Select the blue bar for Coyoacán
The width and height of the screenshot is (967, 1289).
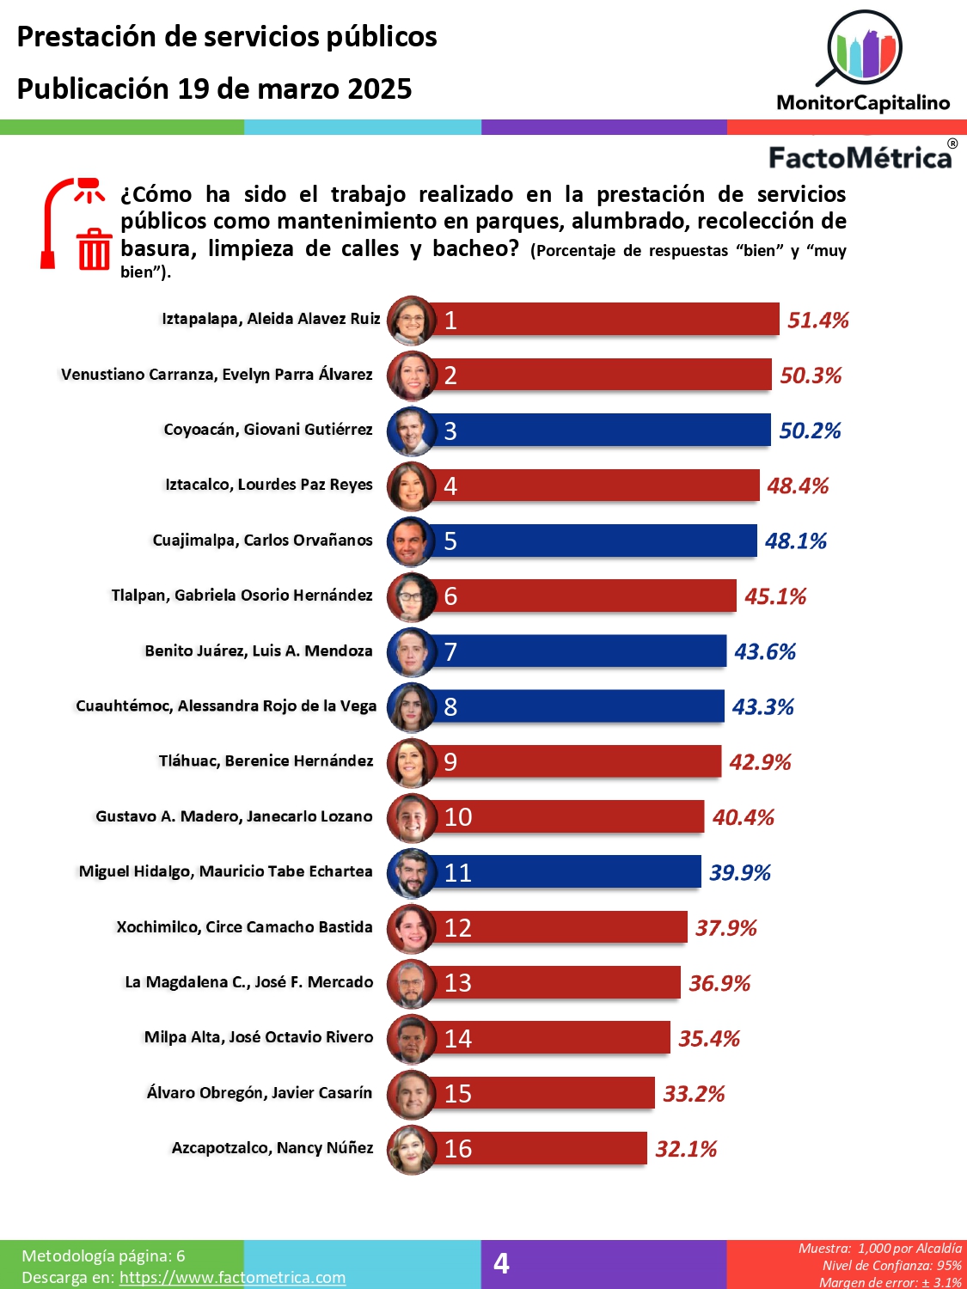click(x=602, y=430)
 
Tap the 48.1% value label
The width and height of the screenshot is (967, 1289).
click(x=795, y=541)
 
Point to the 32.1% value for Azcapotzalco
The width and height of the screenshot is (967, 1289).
click(x=686, y=1149)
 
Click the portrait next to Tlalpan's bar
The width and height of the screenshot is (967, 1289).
click(x=412, y=596)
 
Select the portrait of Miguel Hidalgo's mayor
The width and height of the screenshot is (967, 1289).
click(x=412, y=872)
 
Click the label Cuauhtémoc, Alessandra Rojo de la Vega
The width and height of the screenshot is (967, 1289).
click(x=226, y=706)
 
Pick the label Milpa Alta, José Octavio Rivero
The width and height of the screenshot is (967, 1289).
click(x=259, y=1037)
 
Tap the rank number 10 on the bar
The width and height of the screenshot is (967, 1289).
click(x=458, y=817)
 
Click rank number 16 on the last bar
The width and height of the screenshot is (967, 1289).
click(x=458, y=1149)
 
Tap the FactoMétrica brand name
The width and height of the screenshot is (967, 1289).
click(x=860, y=158)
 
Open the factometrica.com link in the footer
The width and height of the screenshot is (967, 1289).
click(x=232, y=1278)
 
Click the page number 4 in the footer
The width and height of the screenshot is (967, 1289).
click(x=501, y=1263)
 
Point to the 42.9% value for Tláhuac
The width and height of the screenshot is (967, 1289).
click(x=760, y=762)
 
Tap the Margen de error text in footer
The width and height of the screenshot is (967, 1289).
click(x=890, y=1282)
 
